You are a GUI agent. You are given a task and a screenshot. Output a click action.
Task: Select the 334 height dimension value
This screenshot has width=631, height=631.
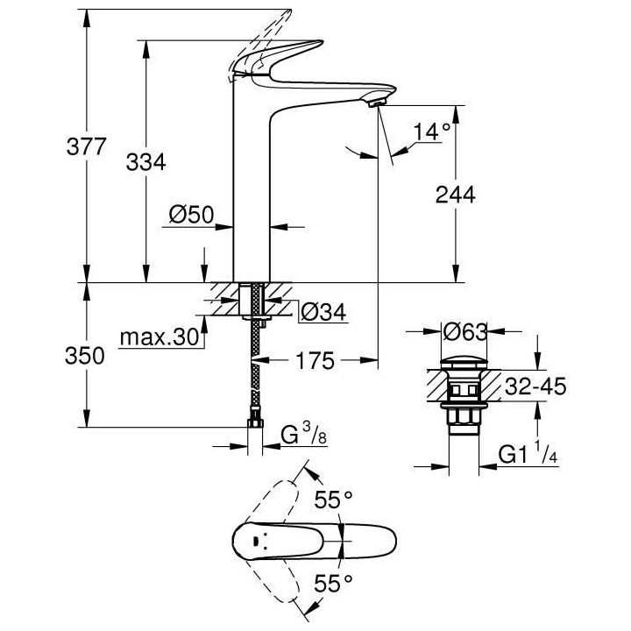(x=145, y=162)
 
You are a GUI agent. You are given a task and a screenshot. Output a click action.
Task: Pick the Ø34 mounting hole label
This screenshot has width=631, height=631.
(x=323, y=311)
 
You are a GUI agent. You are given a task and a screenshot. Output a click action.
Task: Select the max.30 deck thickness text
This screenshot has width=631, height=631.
(x=159, y=337)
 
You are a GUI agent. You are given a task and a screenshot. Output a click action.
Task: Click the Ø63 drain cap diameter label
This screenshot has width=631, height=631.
(x=464, y=333)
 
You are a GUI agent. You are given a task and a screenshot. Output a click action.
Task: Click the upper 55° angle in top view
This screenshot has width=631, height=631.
(x=334, y=500)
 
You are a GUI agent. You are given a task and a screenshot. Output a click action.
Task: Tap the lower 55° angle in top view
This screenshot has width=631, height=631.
(x=334, y=581)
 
